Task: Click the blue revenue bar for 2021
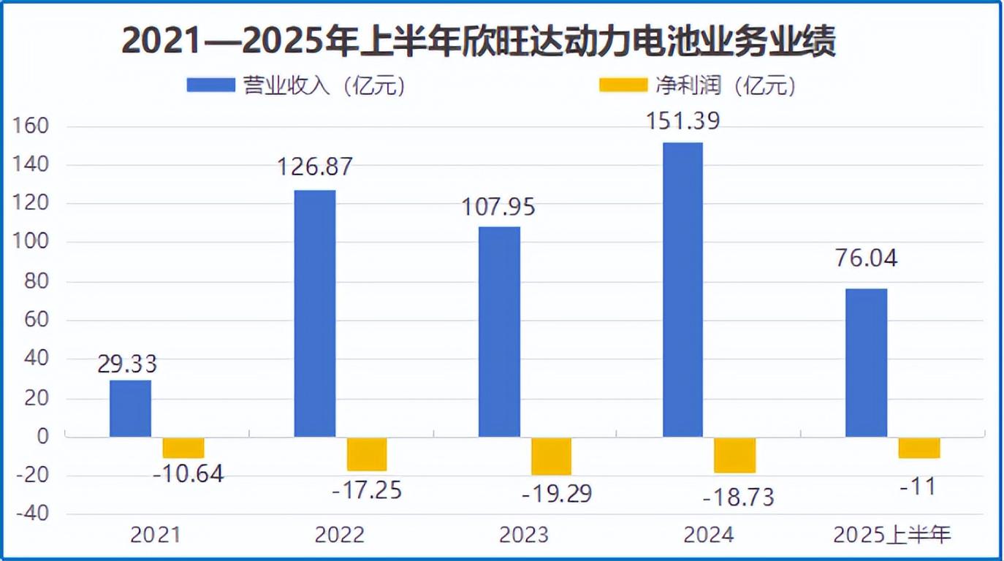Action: point(130,408)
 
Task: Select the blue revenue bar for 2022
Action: point(314,313)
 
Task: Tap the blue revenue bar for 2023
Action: point(499,332)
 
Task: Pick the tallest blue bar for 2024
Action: point(682,289)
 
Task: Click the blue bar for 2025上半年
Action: point(866,362)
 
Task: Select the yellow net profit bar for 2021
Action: point(183,447)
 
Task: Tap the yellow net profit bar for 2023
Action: point(551,456)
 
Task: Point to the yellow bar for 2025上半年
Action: point(919,447)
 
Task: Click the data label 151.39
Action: point(682,120)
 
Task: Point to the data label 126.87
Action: point(314,167)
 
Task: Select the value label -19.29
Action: point(556,494)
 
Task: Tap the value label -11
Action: point(919,486)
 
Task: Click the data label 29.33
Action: point(127,363)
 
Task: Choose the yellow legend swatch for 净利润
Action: point(623,85)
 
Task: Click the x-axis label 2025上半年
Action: point(892,535)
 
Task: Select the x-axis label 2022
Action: point(339,535)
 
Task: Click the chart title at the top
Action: point(478,40)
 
